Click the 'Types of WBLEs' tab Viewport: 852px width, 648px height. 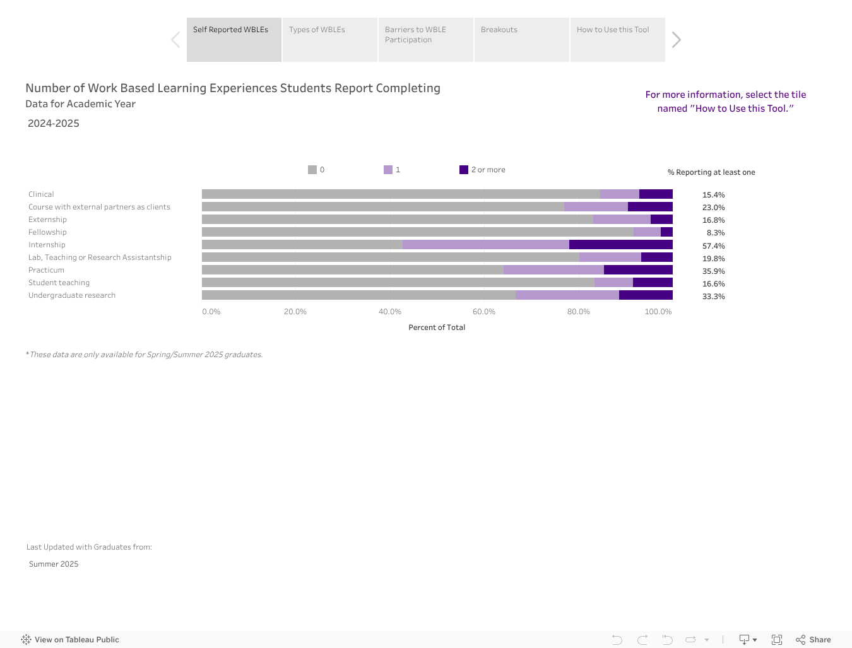tap(329, 39)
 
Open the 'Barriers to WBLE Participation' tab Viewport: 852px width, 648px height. tap(425, 39)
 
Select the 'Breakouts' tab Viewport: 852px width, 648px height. tap(521, 39)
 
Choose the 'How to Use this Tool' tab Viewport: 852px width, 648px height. tap(617, 39)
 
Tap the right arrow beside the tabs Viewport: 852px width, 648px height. tap(676, 40)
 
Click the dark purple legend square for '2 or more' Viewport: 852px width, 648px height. tap(464, 170)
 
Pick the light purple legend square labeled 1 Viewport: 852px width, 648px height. tap(388, 170)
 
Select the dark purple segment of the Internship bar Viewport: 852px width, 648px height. tap(620, 245)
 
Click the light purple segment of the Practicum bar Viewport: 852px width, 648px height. tap(553, 270)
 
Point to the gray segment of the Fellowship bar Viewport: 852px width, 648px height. tap(417, 232)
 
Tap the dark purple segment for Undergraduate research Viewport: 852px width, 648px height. tap(646, 295)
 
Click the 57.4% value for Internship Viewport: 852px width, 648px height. tap(713, 246)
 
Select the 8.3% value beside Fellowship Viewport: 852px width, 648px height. tap(715, 233)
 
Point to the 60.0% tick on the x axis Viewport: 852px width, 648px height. tap(484, 312)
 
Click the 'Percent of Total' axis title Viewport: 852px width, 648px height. tap(437, 327)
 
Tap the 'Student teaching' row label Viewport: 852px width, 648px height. tap(59, 283)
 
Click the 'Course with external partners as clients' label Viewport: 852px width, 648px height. tap(99, 207)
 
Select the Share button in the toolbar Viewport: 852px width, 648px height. tap(814, 640)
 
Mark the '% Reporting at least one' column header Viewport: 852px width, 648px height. tap(711, 172)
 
